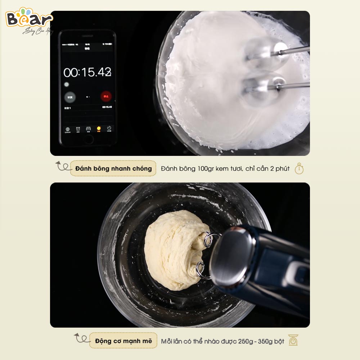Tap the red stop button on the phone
click(106, 96)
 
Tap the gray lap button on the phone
click(69, 96)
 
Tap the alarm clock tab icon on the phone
click(78, 129)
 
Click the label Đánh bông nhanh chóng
click(113, 168)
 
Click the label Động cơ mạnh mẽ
click(123, 341)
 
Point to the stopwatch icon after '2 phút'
click(299, 168)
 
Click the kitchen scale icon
click(293, 340)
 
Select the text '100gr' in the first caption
click(206, 168)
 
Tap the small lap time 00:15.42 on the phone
click(107, 107)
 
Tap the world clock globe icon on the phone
click(67, 129)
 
